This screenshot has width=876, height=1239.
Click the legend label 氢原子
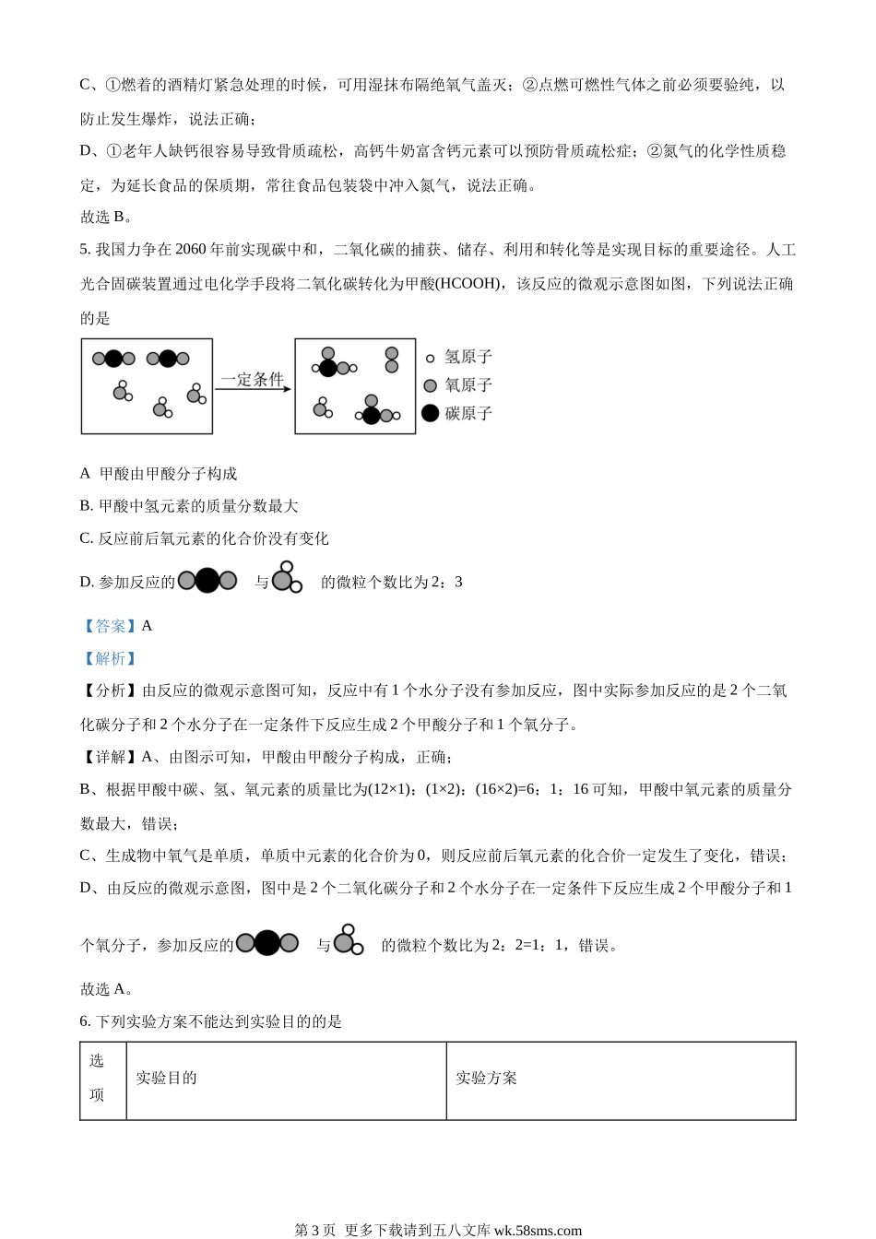coord(468,358)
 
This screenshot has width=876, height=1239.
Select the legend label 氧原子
coord(468,385)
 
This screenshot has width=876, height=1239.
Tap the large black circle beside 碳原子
coord(430,413)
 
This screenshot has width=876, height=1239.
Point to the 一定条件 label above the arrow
coord(252,380)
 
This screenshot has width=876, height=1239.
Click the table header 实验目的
coord(167,1078)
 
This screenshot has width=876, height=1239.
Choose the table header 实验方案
coord(487,1078)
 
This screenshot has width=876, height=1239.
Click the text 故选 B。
coord(107,218)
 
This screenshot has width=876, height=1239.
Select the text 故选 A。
coord(107,989)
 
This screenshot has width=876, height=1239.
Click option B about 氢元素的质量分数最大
coord(190,506)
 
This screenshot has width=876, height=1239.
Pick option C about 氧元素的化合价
coord(205,538)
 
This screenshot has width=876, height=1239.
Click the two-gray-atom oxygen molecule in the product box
coord(392,360)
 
